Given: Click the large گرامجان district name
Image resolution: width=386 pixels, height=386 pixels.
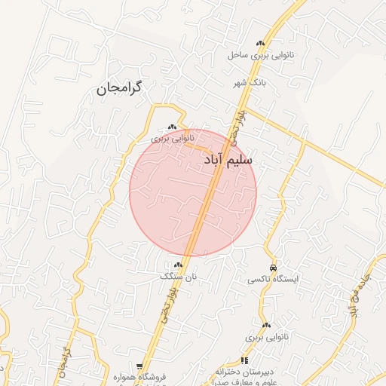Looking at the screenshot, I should (x=118, y=89).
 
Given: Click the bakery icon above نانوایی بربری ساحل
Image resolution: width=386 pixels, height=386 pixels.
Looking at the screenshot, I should (x=261, y=44).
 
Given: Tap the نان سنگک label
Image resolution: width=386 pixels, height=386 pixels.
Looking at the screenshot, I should (x=178, y=277).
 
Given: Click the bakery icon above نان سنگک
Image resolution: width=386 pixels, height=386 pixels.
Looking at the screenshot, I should (x=179, y=265).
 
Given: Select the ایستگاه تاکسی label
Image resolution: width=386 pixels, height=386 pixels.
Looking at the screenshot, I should (x=273, y=279).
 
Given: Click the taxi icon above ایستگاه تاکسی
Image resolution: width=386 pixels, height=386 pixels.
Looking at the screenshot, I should (x=273, y=268).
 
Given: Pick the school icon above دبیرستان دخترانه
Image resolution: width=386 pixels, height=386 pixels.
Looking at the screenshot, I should (x=244, y=361).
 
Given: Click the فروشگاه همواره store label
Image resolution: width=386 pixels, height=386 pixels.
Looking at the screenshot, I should (x=139, y=376).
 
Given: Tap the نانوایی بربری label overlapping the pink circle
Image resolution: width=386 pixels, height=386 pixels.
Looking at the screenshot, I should (x=173, y=139).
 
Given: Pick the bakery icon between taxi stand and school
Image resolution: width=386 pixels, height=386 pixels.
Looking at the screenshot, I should (x=267, y=325).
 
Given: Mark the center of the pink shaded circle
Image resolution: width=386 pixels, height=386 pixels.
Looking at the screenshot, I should (x=193, y=193).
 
